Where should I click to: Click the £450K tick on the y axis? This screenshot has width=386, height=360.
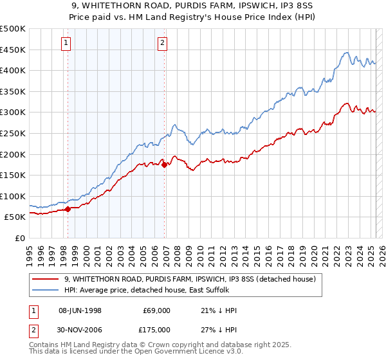pos(13,50)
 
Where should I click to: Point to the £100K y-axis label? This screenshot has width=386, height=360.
pos(13,196)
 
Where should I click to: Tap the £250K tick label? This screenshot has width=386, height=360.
pos(13,133)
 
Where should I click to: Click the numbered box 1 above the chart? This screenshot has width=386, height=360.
pos(67,43)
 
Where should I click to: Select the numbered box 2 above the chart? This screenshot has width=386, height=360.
pos(162,43)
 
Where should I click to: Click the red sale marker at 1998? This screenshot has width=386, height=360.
pos(68,209)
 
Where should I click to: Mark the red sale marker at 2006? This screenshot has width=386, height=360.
pos(165,165)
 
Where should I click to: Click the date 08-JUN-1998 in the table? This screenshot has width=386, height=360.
pos(80,310)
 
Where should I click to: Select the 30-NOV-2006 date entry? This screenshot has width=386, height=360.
pos(80,329)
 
